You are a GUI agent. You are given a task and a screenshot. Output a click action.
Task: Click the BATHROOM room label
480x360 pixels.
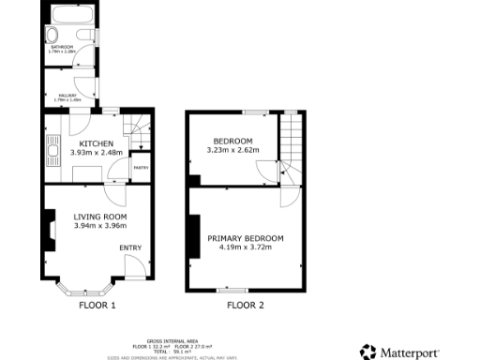(x=61, y=46)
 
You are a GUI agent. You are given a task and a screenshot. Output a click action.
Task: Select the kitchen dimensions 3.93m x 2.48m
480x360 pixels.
(x=97, y=152)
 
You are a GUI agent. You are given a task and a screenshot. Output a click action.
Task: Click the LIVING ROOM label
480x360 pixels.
(x=100, y=217)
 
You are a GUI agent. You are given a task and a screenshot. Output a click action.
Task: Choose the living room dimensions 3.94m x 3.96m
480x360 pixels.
(x=100, y=226)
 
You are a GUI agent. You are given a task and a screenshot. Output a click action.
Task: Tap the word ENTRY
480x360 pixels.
(x=129, y=247)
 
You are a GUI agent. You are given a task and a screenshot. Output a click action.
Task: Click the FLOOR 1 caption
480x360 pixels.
(x=97, y=305)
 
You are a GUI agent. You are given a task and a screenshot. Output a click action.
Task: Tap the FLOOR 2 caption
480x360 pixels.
(x=246, y=305)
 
